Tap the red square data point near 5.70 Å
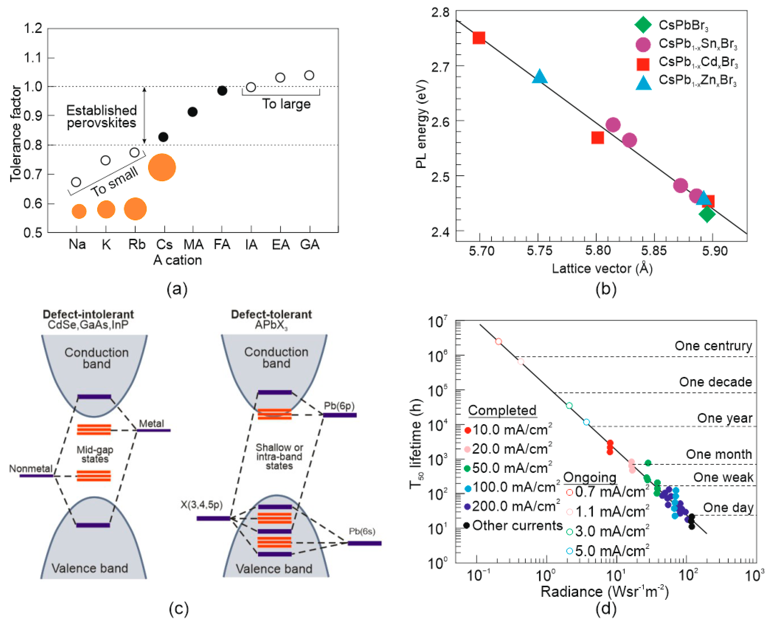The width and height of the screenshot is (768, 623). pyautogui.click(x=479, y=38)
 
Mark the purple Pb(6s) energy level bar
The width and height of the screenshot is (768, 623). pyautogui.click(x=365, y=543)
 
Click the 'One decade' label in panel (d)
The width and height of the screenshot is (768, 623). pyautogui.click(x=715, y=382)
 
